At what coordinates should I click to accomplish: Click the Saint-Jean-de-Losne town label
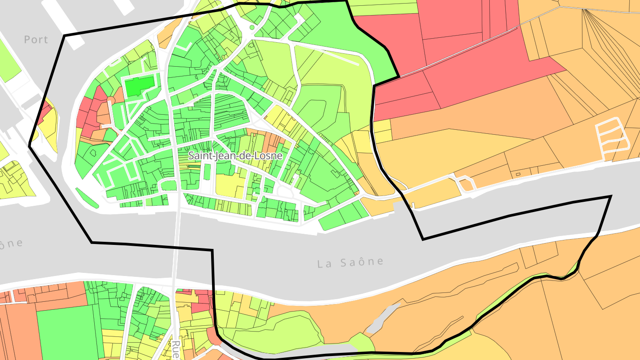pyautogui.click(x=235, y=156)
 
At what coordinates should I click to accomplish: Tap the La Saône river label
pyautogui.click(x=350, y=262)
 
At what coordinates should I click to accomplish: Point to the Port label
pyautogui.click(x=36, y=40)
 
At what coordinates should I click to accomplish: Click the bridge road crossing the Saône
pyautogui.click(x=177, y=249)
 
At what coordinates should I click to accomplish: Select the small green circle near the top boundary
pyautogui.click(x=252, y=28)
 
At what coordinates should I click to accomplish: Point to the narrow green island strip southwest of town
pyautogui.click(x=87, y=198)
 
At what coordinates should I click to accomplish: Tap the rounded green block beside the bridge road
pyautogui.click(x=168, y=185)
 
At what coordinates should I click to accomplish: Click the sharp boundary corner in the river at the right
pyautogui.click(x=611, y=196)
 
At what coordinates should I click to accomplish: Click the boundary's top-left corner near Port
pyautogui.click(x=64, y=36)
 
